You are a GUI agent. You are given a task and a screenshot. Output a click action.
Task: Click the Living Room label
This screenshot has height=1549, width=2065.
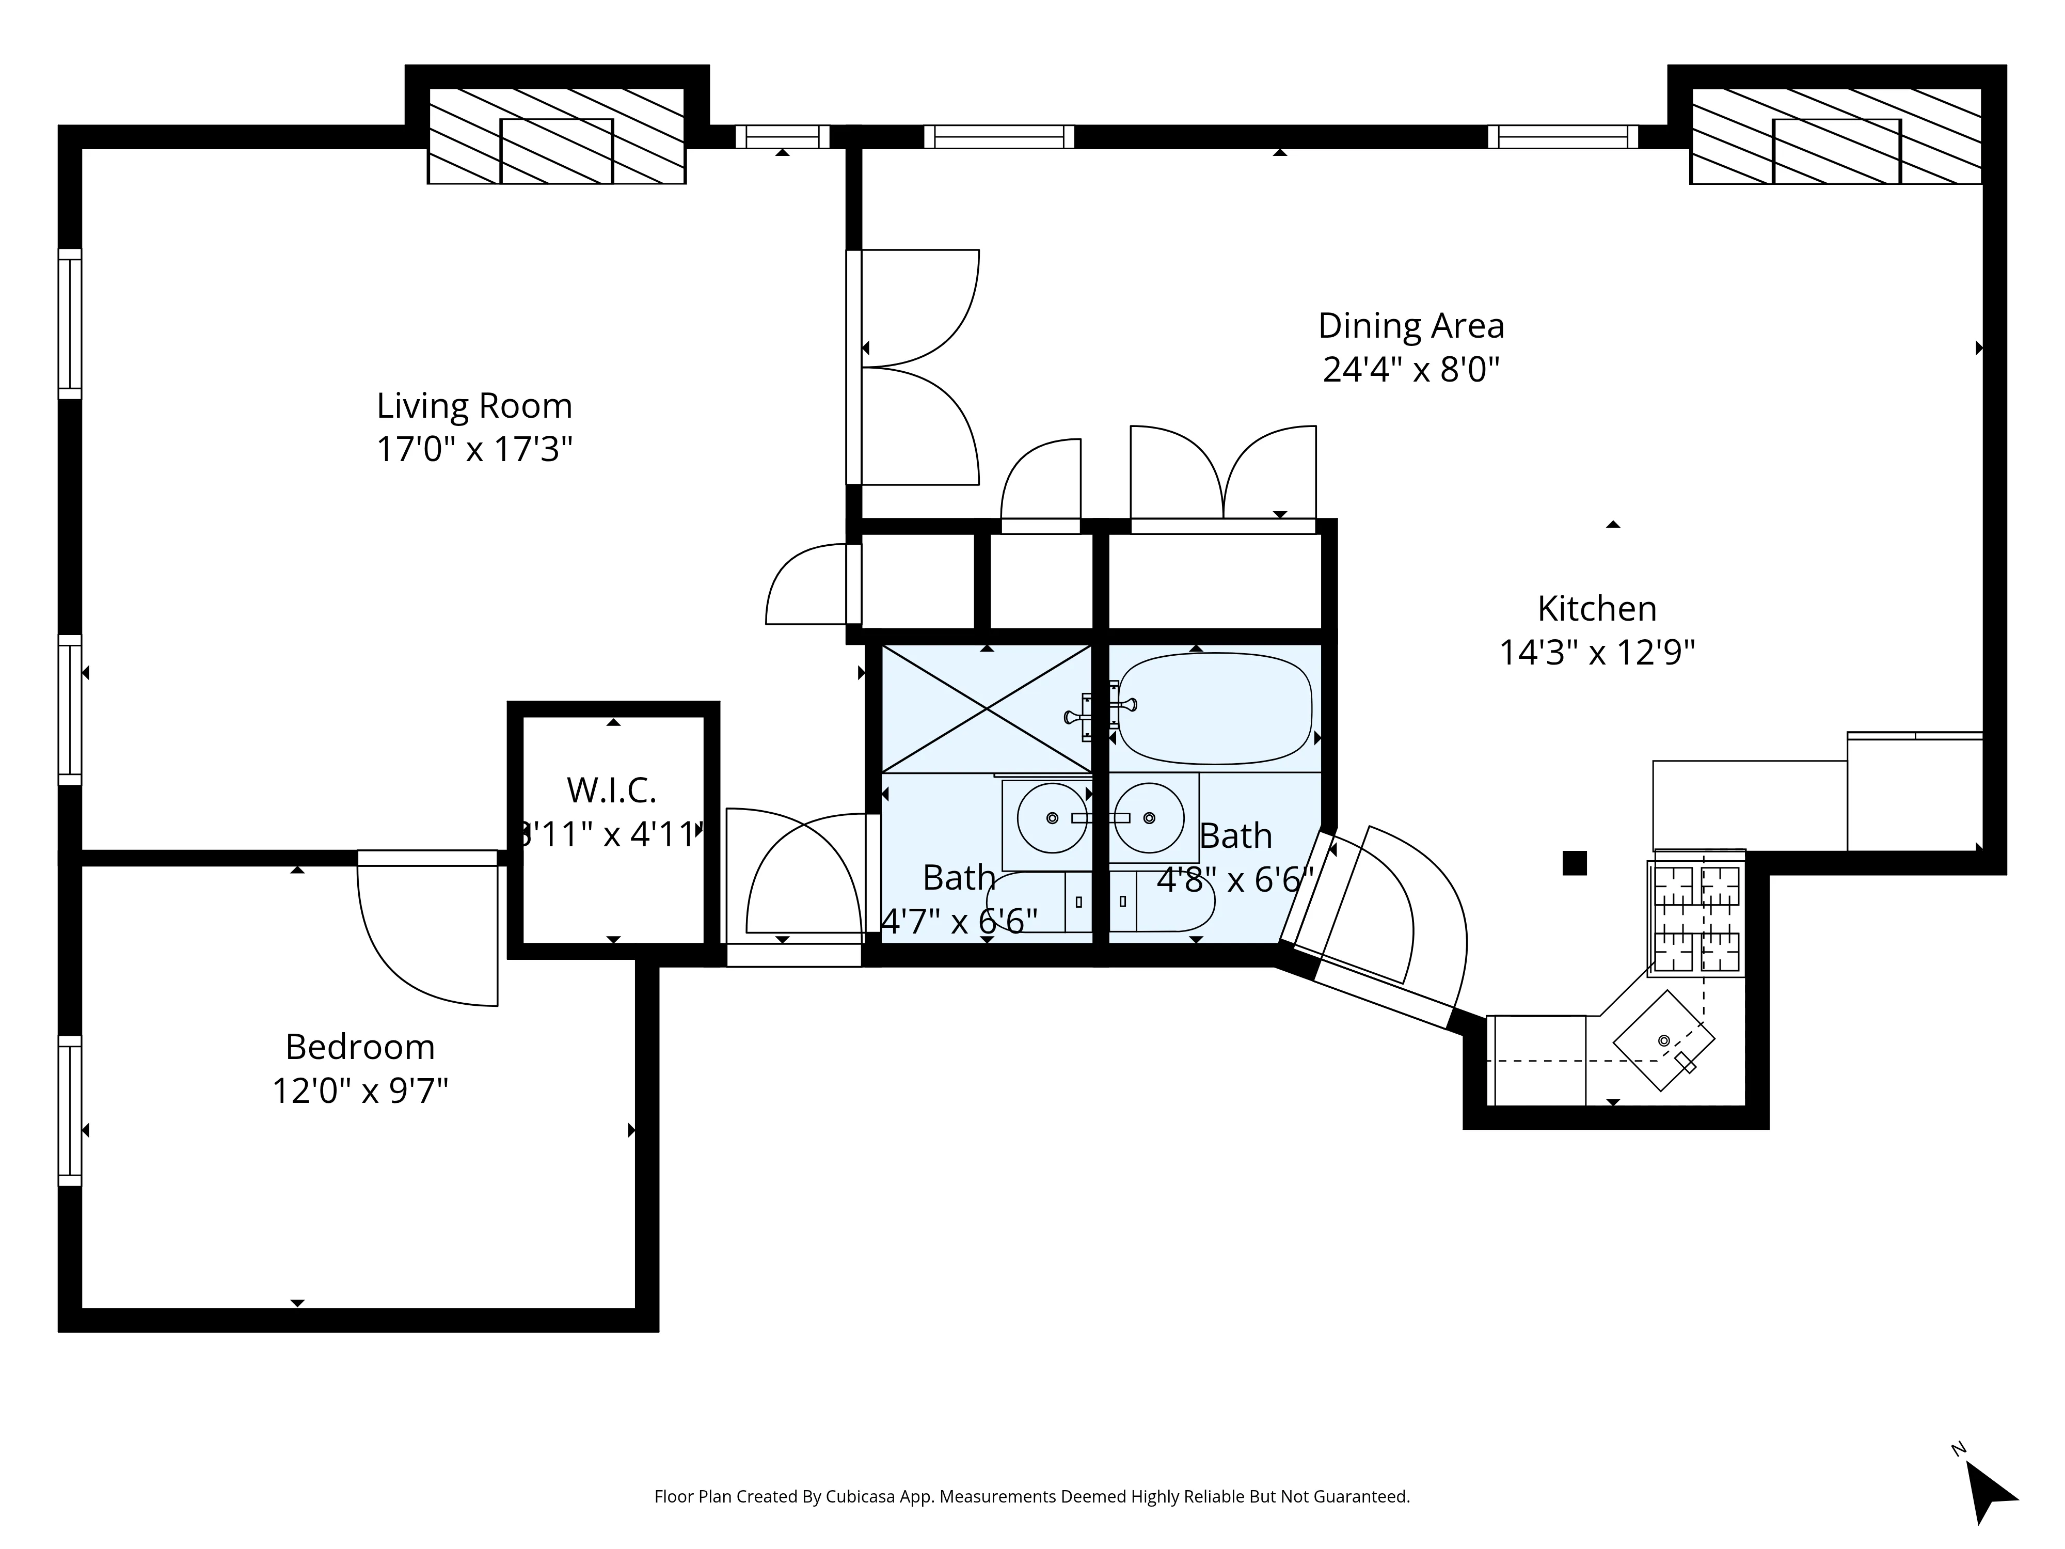tap(474, 406)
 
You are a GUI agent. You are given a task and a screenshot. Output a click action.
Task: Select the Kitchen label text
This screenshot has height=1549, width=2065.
tap(1596, 609)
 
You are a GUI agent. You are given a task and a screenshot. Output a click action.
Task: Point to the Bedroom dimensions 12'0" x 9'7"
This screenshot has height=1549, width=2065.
tap(360, 1090)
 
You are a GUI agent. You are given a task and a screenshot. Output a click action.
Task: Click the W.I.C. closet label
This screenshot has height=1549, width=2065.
tap(611, 791)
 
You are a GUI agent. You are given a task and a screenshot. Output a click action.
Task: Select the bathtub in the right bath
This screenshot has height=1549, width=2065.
tap(1215, 709)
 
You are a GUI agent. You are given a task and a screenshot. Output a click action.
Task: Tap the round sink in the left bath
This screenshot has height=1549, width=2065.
tap(1052, 818)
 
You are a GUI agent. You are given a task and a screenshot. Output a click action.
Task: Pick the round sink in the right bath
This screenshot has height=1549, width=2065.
tap(1149, 818)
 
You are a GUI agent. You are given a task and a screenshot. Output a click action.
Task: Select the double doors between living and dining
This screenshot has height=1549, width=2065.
tap(915, 367)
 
